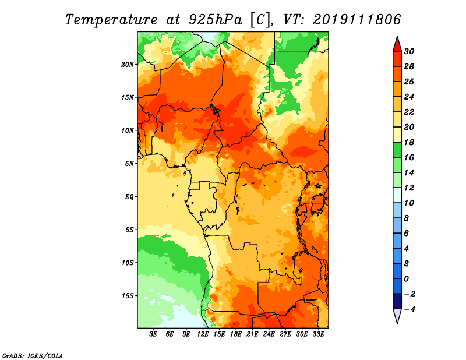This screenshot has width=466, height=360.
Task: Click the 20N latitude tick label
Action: click(x=127, y=64)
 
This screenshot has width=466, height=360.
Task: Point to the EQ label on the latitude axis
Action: click(x=129, y=197)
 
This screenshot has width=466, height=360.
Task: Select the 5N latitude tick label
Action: click(x=129, y=164)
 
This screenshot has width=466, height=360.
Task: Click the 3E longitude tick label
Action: click(x=153, y=334)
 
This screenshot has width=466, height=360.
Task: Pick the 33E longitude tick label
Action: click(x=318, y=334)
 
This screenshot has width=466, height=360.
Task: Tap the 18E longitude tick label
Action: click(x=236, y=334)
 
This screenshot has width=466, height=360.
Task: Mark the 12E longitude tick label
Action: click(x=203, y=334)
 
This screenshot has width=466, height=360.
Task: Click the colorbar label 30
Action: click(x=409, y=51)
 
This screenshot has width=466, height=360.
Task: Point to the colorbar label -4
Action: click(x=409, y=309)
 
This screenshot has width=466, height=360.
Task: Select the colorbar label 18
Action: click(x=409, y=142)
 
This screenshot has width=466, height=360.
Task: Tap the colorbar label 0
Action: click(x=406, y=279)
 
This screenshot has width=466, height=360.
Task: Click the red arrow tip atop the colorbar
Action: click(x=397, y=37)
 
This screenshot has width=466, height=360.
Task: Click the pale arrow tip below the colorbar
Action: click(x=397, y=323)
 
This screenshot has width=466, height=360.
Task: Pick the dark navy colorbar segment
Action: click(x=397, y=301)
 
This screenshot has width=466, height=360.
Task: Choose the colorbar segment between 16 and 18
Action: click(x=397, y=150)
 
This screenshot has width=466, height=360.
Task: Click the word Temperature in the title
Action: click(x=111, y=20)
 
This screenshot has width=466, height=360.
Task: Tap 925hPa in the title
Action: click(x=216, y=20)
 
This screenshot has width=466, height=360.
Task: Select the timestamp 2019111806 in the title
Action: click(x=356, y=20)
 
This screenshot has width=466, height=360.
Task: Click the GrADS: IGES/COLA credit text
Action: click(x=33, y=355)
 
